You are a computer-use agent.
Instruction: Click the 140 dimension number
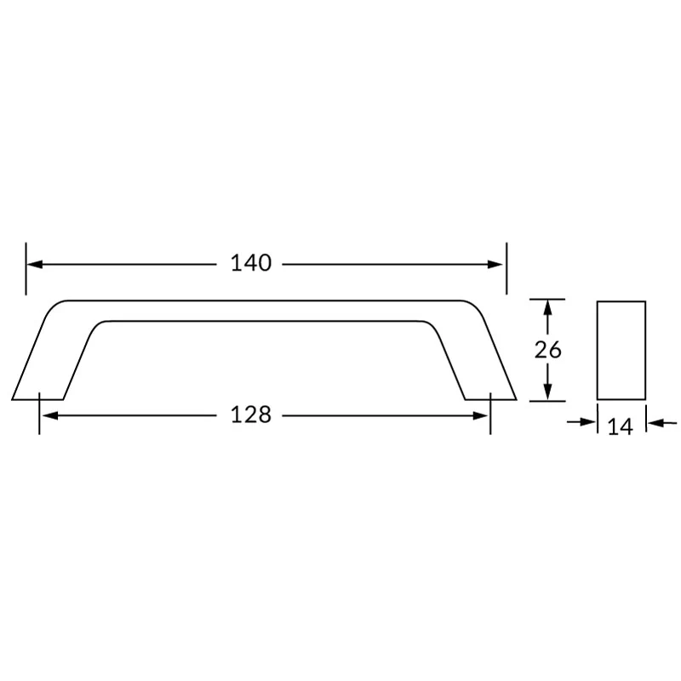pyautogui.click(x=251, y=263)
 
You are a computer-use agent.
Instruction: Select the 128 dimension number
pyautogui.click(x=251, y=415)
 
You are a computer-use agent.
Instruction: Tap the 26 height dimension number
pyautogui.click(x=547, y=350)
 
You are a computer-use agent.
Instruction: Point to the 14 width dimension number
pyautogui.click(x=621, y=426)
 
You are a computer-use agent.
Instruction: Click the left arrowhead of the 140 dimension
pyautogui.click(x=35, y=264)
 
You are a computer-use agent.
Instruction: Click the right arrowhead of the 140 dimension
pyautogui.click(x=495, y=264)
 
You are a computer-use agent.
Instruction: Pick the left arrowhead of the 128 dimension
pyautogui.click(x=50, y=416)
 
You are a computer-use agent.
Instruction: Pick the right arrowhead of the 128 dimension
pyautogui.click(x=480, y=416)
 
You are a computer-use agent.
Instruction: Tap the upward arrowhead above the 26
pyautogui.click(x=547, y=308)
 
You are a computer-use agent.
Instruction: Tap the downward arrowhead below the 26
pyautogui.click(x=547, y=392)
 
